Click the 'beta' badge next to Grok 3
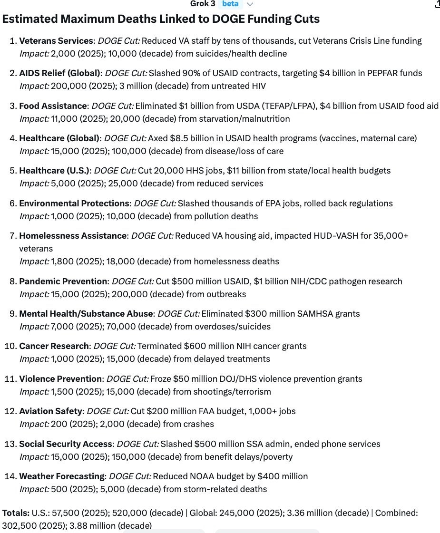coord(230,4)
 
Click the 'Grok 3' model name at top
coord(203,4)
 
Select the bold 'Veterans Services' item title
coord(56,41)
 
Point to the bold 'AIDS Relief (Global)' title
coord(59,73)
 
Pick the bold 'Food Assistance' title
coord(53,106)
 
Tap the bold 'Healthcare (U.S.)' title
coord(54,171)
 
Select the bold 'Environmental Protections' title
coord(74,204)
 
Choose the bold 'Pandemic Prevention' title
coord(63,281)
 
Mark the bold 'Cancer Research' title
coord(54,346)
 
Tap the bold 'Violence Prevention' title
coord(60,379)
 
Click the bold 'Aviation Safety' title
coord(51,411)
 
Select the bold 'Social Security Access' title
coord(66,444)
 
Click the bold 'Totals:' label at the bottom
coord(16,513)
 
